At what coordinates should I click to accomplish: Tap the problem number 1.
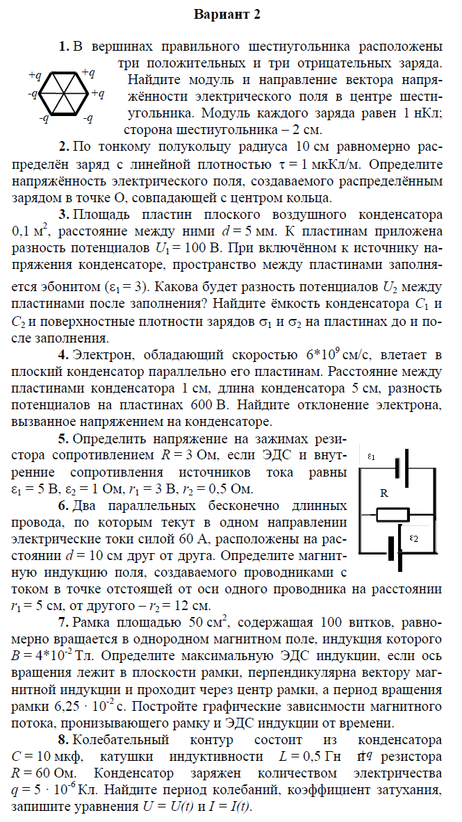point(63,47)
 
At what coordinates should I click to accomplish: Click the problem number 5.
point(63,438)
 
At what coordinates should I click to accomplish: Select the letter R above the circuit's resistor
point(383,493)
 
